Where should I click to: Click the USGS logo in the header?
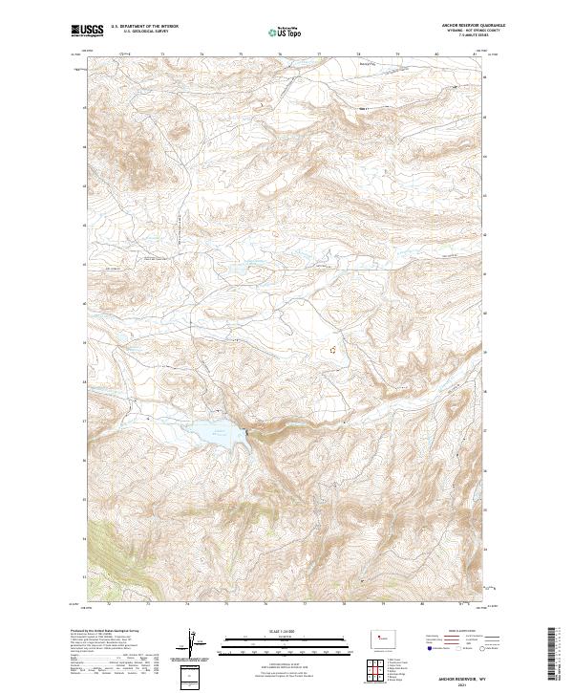(x=88, y=31)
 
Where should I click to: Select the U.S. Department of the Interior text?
(x=144, y=26)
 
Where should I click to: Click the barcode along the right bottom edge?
(x=552, y=654)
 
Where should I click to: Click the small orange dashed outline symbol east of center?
(x=332, y=350)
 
